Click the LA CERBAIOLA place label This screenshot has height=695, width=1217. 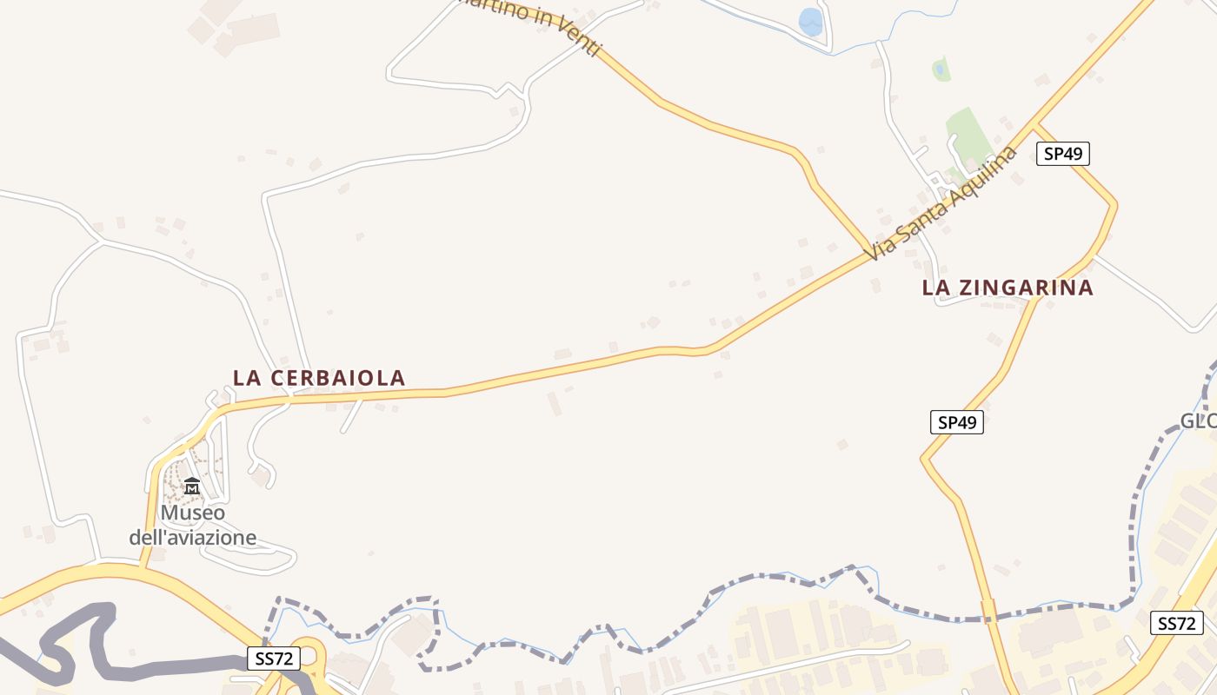[319, 378]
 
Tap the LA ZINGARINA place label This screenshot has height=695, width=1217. [1008, 288]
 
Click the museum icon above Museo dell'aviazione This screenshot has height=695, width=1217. [192, 486]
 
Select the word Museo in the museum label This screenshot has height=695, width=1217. [192, 513]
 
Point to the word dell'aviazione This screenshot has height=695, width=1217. [193, 537]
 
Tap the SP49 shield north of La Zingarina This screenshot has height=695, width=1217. [1062, 154]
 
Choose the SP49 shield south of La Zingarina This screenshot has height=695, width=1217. [956, 422]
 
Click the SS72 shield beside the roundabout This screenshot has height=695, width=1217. [274, 659]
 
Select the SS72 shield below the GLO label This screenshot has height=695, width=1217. [1177, 623]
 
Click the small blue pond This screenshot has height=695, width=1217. [810, 22]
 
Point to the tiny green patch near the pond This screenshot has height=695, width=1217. [941, 69]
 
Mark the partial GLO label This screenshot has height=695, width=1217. [1197, 421]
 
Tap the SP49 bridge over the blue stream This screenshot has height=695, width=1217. [988, 611]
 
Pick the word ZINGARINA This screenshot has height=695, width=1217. [1028, 288]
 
